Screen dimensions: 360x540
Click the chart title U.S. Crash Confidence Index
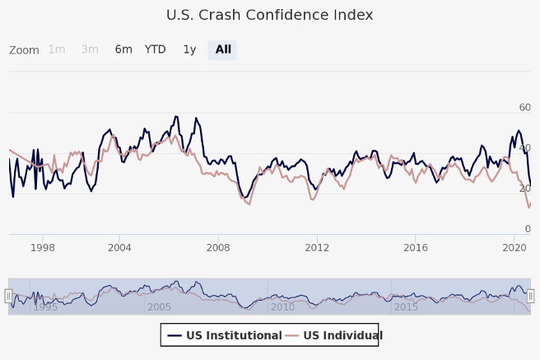[x=270, y=15]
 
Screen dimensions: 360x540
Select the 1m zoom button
[x=57, y=49]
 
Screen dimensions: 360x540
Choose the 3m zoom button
[x=90, y=49]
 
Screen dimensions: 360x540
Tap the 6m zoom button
[x=123, y=49]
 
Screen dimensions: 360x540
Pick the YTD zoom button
[x=156, y=49]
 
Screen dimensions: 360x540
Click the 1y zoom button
[x=189, y=49]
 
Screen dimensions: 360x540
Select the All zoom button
[x=223, y=49]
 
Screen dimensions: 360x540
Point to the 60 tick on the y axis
[x=524, y=107]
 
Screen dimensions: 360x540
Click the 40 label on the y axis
[x=524, y=147]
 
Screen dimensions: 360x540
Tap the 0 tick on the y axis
[x=528, y=228]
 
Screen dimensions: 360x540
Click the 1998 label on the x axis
[x=43, y=247]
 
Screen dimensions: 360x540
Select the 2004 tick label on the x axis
[x=119, y=247]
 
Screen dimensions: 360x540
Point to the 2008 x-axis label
[x=218, y=247]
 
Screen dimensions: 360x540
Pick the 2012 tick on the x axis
[x=317, y=247]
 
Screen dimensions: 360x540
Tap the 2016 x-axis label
[x=417, y=247]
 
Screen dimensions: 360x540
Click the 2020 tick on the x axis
[x=514, y=247]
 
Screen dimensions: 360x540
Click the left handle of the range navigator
[x=9, y=296]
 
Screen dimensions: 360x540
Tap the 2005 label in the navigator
[x=159, y=307]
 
